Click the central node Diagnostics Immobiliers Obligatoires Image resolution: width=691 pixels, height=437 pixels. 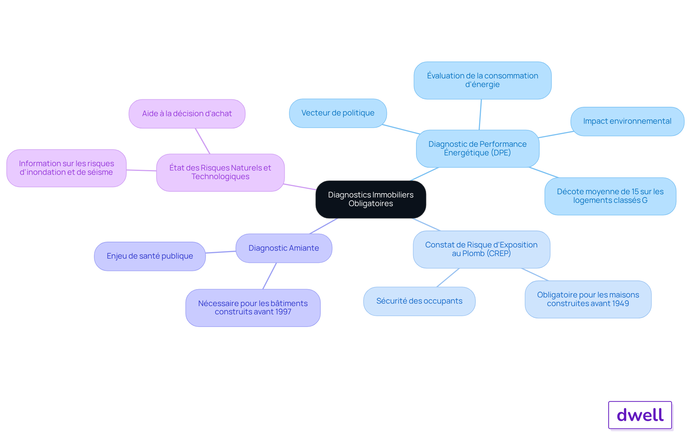click(x=371, y=199)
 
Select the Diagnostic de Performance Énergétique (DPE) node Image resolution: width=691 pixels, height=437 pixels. click(x=478, y=149)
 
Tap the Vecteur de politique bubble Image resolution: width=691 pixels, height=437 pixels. click(x=338, y=113)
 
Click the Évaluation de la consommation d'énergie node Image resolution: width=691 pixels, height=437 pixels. click(x=482, y=80)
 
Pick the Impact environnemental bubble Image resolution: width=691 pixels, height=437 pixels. click(x=627, y=121)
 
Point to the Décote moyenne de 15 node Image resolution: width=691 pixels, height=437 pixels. click(x=610, y=196)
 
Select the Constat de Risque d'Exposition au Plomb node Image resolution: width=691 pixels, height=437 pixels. click(x=481, y=249)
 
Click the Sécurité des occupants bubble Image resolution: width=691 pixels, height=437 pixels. click(x=419, y=301)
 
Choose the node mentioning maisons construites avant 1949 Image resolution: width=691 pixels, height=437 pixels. click(x=588, y=299)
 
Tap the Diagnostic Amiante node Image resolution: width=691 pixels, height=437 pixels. click(x=284, y=248)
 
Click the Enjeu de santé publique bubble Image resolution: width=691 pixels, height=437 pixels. click(x=150, y=256)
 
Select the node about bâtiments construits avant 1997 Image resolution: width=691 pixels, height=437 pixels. click(x=253, y=308)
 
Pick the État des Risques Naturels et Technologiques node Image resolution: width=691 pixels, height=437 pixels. click(x=220, y=172)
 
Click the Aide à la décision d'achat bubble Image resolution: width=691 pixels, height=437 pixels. click(x=187, y=114)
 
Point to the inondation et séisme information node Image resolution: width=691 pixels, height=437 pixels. click(x=66, y=168)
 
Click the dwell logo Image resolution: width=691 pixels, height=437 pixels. click(x=640, y=415)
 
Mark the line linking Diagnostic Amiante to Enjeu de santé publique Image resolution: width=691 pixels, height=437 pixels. click(x=221, y=252)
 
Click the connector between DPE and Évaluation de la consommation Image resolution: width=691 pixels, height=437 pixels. click(x=480, y=114)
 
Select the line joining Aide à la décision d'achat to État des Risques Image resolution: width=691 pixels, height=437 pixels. click(x=203, y=141)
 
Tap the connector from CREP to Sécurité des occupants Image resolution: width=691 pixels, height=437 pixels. click(x=448, y=277)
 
